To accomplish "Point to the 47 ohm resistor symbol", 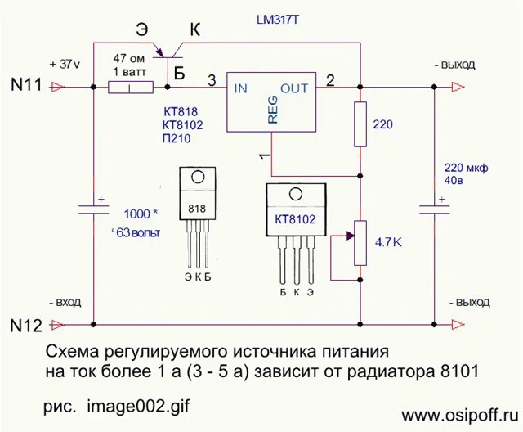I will [131, 84].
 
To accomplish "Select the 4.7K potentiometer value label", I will [389, 243].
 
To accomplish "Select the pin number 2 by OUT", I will [331, 80].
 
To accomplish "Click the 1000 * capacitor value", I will [141, 214].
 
